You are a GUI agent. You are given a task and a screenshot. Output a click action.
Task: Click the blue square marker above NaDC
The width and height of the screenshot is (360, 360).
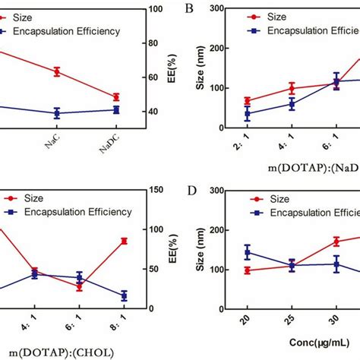pyautogui.click(x=116, y=109)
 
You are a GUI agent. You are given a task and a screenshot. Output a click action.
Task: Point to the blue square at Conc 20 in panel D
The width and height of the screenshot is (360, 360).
pyautogui.click(x=247, y=252)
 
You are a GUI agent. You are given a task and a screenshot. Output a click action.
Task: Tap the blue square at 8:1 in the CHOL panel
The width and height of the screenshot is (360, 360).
pyautogui.click(x=124, y=295)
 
